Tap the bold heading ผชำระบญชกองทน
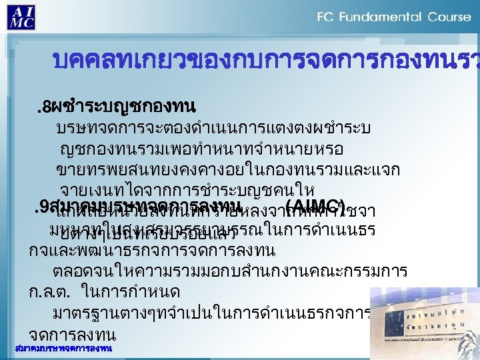pyautogui.click(x=123, y=105)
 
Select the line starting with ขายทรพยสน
pyautogui.click(x=227, y=168)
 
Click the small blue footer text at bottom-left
pyautogui.click(x=63, y=349)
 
